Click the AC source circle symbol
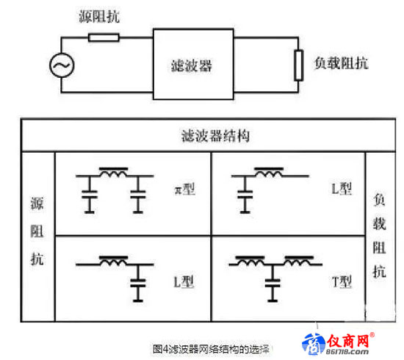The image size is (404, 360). click(62, 65)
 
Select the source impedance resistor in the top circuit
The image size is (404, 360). click(104, 37)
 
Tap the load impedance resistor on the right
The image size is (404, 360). click(299, 65)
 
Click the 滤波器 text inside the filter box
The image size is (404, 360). click(192, 65)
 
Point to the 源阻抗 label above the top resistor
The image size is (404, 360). click(99, 16)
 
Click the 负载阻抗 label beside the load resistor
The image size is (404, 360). click(341, 63)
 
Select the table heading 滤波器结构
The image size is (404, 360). click(215, 136)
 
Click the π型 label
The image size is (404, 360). click(184, 190)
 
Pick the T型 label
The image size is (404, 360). click(342, 281)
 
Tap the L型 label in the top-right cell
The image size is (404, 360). click(342, 188)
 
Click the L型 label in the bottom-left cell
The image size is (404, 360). click(184, 281)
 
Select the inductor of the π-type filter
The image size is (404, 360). click(114, 173)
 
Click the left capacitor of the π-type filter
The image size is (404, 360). click(90, 195)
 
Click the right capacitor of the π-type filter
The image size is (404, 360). click(138, 195)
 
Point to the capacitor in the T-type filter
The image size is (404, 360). click(273, 283)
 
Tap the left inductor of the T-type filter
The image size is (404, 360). click(250, 261)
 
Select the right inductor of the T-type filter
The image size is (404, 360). click(299, 261)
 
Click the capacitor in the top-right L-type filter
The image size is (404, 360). click(245, 195)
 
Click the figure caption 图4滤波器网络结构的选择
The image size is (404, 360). click(211, 350)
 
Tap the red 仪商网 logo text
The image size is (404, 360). click(348, 341)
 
